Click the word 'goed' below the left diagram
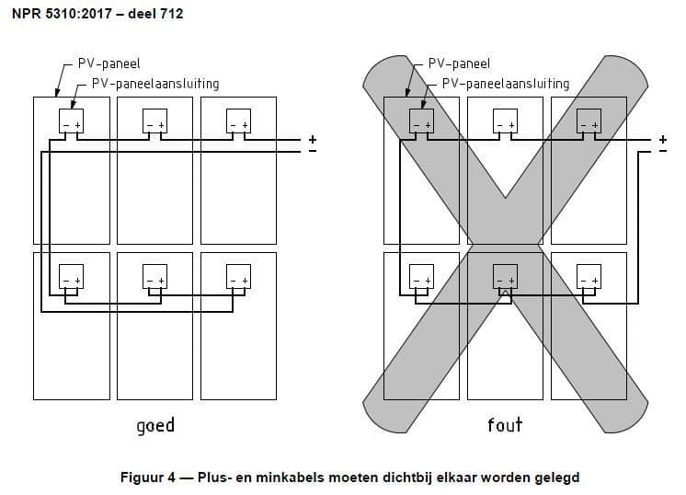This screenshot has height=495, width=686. (154, 425)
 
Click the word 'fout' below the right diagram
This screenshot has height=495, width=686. (505, 424)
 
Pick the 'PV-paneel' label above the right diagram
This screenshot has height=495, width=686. (459, 64)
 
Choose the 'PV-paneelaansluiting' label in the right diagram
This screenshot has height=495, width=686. (506, 83)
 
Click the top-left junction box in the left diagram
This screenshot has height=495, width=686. (70, 121)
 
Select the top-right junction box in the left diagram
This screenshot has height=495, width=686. (238, 121)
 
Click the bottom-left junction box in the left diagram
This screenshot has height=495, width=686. (70, 276)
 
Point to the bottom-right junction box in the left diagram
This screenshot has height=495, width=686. (238, 276)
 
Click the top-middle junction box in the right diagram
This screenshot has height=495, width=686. (504, 121)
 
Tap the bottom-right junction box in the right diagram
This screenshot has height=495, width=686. (588, 276)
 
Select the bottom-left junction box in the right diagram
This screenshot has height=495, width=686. (419, 276)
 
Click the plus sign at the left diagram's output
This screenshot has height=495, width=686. (312, 140)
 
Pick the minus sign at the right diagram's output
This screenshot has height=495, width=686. (662, 151)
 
